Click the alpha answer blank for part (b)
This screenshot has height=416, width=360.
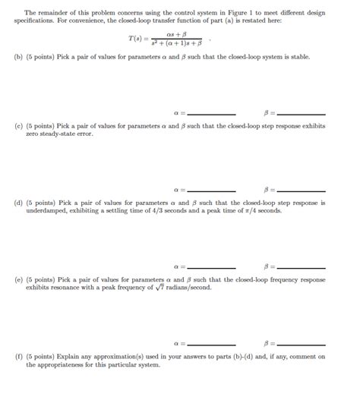click(x=210, y=114)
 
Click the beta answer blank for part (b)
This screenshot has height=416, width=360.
click(x=302, y=114)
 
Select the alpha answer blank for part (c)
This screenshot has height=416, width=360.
click(x=210, y=190)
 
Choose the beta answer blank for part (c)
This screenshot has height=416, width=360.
click(x=302, y=190)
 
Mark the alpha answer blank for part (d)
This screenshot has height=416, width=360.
click(x=210, y=267)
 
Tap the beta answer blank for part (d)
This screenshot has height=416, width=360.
click(x=302, y=267)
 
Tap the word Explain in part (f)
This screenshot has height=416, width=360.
click(x=69, y=356)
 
